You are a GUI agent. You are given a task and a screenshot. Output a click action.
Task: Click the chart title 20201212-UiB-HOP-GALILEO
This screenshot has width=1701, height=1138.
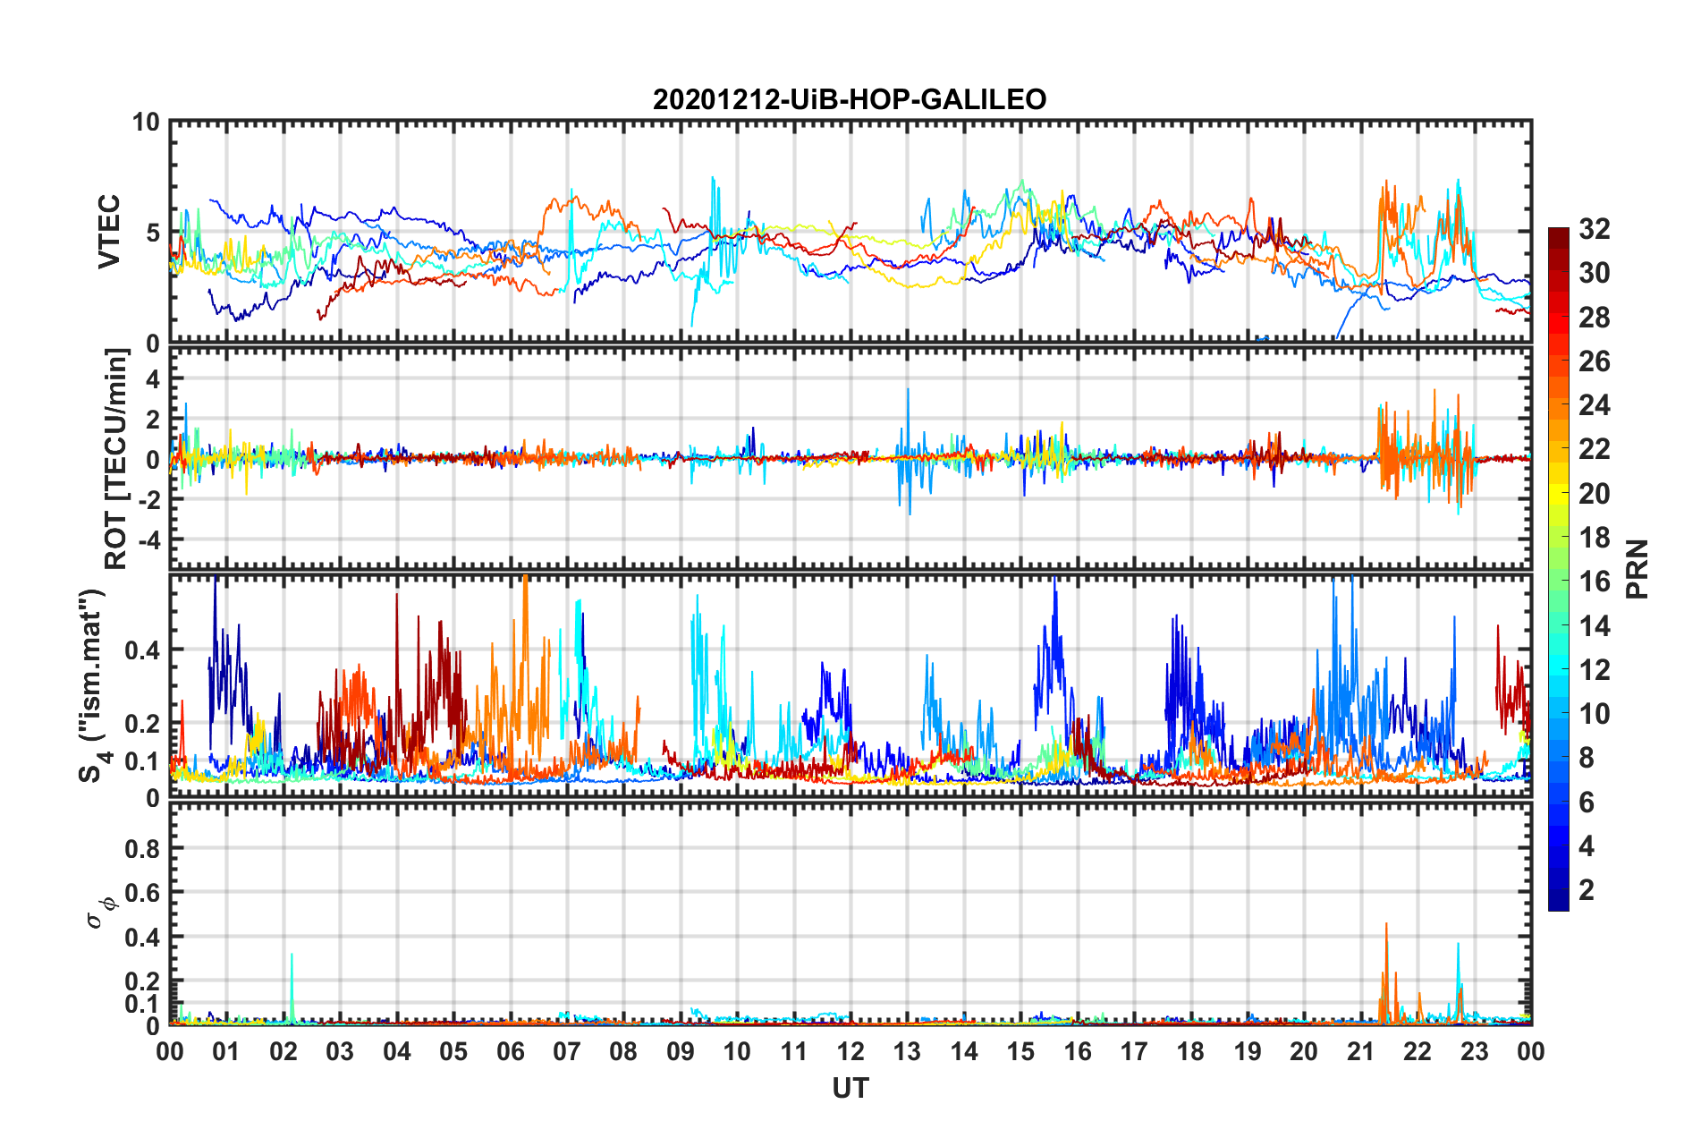point(850,99)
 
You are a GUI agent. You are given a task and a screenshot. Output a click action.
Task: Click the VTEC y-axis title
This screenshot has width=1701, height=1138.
point(109,232)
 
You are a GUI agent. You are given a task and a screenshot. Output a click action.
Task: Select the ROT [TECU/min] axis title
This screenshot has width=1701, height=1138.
point(116,459)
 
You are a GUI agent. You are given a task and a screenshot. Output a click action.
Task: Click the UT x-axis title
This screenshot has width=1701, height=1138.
point(850,1088)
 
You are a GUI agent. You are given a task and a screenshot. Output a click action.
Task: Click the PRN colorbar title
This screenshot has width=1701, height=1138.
point(1638,569)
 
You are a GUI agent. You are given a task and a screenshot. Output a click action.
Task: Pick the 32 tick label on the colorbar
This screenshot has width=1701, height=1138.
point(1594,229)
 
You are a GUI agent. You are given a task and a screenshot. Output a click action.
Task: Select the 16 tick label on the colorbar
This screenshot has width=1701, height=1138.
point(1594,582)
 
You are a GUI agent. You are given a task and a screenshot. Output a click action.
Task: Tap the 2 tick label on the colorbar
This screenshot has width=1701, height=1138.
point(1587,890)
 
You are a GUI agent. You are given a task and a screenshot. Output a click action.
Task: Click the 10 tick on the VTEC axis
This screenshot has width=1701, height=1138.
point(146,123)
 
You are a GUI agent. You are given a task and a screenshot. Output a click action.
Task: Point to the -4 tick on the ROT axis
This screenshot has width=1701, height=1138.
point(147,540)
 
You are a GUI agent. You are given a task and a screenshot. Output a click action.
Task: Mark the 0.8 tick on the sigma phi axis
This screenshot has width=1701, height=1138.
point(142,848)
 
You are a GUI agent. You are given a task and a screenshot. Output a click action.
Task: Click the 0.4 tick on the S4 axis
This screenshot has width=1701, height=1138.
point(142,650)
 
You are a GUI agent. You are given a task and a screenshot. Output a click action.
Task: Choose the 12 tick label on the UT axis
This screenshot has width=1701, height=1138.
point(850,1051)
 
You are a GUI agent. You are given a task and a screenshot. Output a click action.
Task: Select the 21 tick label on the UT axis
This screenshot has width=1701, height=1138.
point(1360,1051)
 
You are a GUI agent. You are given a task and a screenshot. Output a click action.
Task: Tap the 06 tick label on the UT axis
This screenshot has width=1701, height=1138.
point(511,1051)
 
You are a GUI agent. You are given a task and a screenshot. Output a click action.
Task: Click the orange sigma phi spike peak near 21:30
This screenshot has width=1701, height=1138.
point(1386,924)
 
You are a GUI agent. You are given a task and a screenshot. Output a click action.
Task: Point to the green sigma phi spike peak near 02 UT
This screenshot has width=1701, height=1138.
point(292,955)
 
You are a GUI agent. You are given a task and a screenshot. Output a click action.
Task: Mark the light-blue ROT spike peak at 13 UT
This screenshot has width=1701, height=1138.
point(908,389)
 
